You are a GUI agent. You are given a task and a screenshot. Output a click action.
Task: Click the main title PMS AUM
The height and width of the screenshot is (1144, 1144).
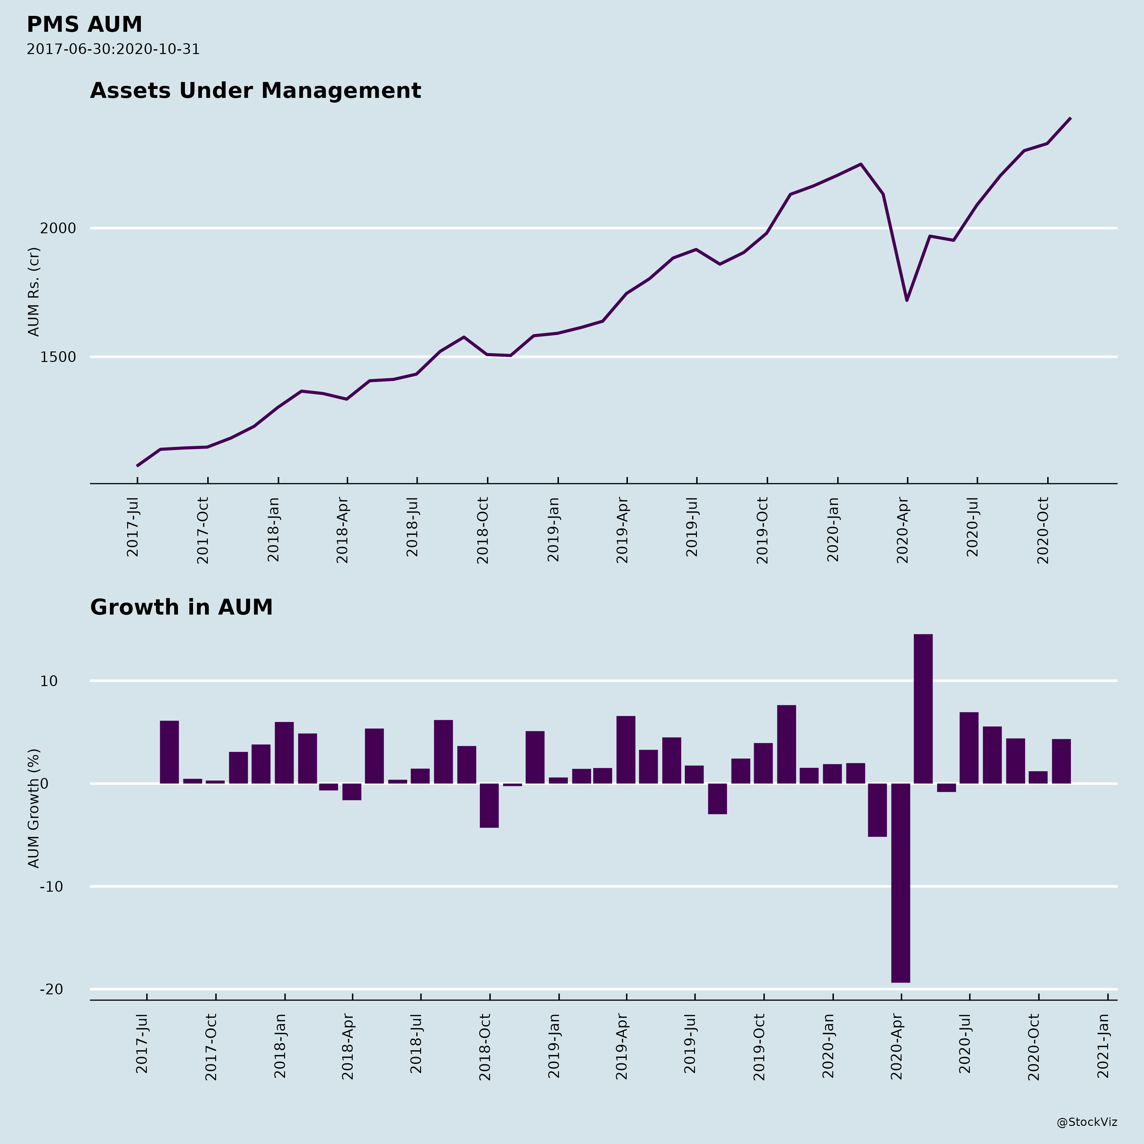pos(84,25)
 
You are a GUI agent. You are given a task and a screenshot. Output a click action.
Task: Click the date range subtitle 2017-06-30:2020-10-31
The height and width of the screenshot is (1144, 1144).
pos(113,49)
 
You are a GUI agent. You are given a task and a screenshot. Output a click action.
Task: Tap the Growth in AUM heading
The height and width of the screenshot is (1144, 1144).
pos(181,608)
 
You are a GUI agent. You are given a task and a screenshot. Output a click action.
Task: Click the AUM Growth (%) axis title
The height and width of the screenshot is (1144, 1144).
pos(34,808)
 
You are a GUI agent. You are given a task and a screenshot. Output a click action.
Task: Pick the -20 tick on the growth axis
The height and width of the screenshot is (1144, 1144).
pos(51,990)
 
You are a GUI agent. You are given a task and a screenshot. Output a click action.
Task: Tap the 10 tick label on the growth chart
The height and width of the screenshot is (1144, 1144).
pos(49,681)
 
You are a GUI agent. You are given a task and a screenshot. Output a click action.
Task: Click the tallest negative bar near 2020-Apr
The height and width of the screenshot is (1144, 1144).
pos(900,882)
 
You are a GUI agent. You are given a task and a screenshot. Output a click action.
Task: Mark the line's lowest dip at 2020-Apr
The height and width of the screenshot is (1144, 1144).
pos(907,300)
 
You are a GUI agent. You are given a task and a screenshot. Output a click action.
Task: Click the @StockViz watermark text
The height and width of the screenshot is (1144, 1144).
pos(1087,1122)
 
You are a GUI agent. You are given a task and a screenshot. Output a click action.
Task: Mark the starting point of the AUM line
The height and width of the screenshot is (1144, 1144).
pos(137,466)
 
